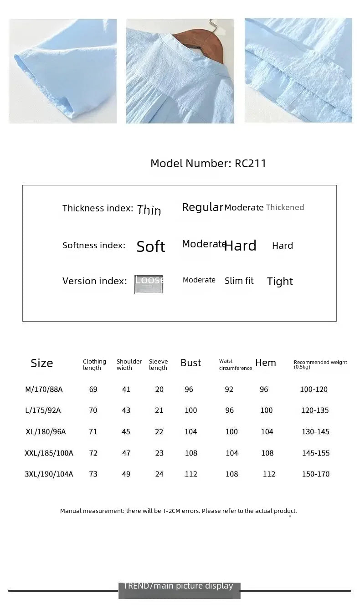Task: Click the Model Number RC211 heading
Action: point(208,164)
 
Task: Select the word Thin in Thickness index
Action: point(149,210)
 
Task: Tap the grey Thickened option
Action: point(285,207)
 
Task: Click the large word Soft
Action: point(151,246)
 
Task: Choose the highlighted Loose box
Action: point(149,284)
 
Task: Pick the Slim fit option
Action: point(239,281)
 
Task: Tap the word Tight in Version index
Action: point(280,282)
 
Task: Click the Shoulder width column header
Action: point(129,364)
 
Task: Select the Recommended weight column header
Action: point(320,364)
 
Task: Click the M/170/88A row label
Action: point(44,389)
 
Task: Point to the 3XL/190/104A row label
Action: point(49,474)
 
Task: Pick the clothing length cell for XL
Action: point(93,432)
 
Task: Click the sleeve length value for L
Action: point(159,410)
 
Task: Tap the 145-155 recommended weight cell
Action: point(315,453)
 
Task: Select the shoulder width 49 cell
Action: point(126,474)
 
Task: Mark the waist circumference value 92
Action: point(229,389)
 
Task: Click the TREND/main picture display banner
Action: point(179,589)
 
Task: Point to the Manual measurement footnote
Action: point(178,511)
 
